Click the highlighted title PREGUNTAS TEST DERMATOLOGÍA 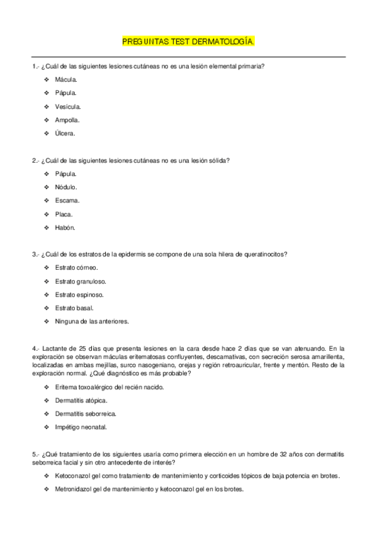(188, 41)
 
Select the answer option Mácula (66, 80)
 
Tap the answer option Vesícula (68, 106)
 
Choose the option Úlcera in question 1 (65, 133)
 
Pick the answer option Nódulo (66, 187)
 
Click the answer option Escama (67, 201)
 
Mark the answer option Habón (65, 228)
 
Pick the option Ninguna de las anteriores (92, 321)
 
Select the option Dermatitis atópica (81, 400)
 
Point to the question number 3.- (36, 255)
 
